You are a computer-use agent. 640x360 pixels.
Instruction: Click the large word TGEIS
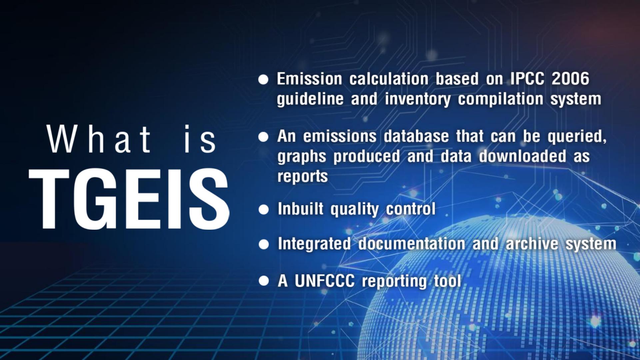pos(129,199)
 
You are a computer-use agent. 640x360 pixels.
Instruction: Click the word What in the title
pos(99,139)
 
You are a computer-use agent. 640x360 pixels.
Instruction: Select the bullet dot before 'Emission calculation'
pos(263,80)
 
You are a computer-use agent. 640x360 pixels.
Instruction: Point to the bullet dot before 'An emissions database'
pos(263,137)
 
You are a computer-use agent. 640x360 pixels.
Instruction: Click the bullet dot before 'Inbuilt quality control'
pos(264,210)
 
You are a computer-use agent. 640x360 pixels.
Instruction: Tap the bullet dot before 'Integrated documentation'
pos(264,245)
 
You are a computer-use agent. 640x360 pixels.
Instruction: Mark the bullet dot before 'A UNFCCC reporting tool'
pos(264,281)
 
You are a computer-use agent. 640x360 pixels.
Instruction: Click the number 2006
pos(570,79)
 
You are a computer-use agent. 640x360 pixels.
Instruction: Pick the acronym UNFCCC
pos(324,281)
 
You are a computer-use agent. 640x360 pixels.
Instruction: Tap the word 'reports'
pos(303,176)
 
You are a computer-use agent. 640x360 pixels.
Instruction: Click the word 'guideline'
pos(310,99)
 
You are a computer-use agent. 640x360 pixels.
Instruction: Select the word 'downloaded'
pos(522,156)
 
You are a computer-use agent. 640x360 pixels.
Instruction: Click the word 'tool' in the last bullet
pos(447,281)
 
